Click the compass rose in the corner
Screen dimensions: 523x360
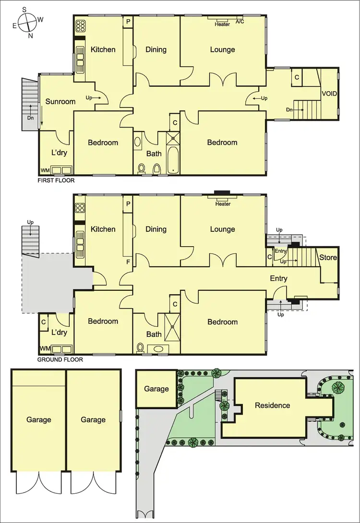[24, 22]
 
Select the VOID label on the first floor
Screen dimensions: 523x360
[329, 94]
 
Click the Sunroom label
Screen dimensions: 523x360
[60, 101]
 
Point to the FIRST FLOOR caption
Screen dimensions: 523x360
[56, 181]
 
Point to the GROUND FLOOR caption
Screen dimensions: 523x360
[60, 359]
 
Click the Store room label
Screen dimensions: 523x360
[328, 258]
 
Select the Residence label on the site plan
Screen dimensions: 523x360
[272, 405]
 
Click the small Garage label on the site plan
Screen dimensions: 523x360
[156, 389]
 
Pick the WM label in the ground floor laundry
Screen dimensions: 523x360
[45, 348]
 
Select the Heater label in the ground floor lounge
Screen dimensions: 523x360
[223, 204]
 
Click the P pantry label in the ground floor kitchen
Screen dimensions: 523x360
[128, 203]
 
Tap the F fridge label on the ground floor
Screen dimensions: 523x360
[128, 262]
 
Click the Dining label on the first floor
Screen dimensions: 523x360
[156, 49]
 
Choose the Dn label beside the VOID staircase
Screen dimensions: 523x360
[289, 109]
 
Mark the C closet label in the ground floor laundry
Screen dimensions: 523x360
[43, 322]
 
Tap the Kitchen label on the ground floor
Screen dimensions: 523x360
[103, 229]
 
